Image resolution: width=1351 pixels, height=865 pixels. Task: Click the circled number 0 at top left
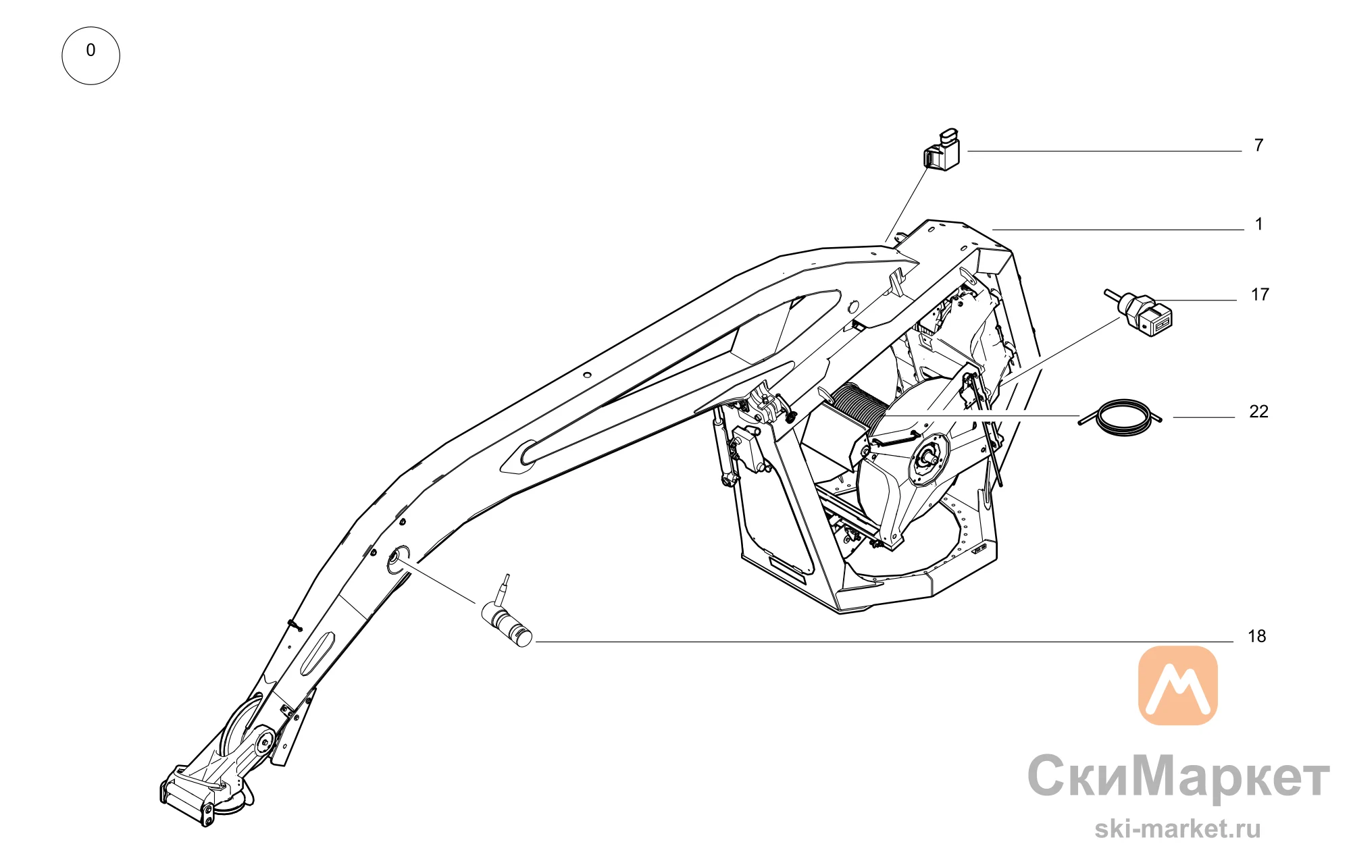click(91, 55)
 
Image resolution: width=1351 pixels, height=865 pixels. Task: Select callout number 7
click(1258, 145)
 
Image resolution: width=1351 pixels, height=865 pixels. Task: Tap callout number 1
click(1258, 224)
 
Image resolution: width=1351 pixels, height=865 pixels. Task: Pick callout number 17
click(1260, 294)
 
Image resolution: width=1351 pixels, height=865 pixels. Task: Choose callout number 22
click(1258, 411)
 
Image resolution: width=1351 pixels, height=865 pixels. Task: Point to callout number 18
click(1256, 636)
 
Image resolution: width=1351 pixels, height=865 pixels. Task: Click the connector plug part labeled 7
click(942, 150)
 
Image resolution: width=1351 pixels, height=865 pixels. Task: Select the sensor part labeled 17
click(1140, 312)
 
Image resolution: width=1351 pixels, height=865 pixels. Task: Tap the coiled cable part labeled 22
click(1121, 418)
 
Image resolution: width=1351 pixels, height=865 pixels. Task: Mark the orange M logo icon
click(1177, 685)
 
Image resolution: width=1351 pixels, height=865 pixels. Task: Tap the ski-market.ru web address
click(1177, 829)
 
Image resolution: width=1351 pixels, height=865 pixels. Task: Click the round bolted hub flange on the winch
click(928, 460)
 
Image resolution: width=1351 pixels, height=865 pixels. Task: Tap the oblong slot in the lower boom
click(317, 654)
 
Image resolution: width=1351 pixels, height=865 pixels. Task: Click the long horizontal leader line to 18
click(884, 641)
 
